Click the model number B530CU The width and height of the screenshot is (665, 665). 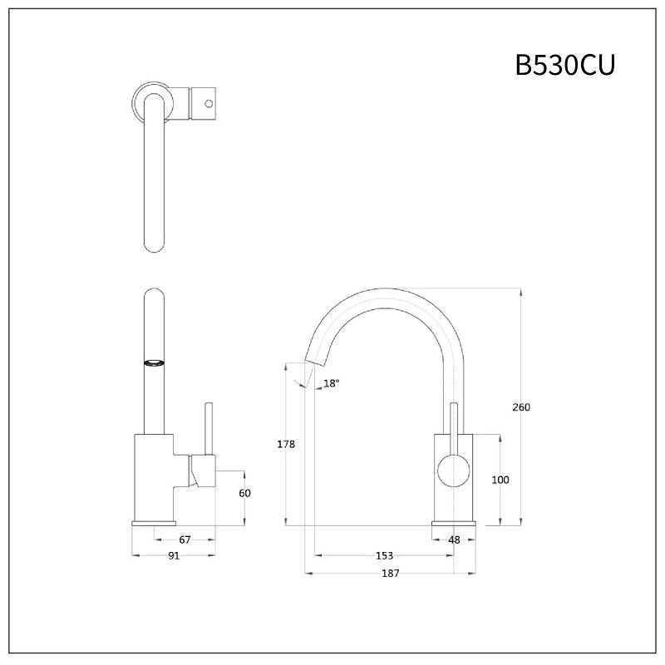click(x=564, y=65)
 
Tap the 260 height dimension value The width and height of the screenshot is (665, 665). click(x=521, y=407)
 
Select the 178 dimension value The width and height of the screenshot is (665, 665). click(x=286, y=445)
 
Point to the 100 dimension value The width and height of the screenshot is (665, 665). click(x=500, y=480)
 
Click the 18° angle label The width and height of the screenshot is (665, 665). click(x=332, y=383)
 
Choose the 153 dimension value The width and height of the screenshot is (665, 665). click(x=384, y=555)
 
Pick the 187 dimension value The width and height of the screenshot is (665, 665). click(x=391, y=573)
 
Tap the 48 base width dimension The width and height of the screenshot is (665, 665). click(x=454, y=539)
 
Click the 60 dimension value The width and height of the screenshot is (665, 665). click(x=244, y=493)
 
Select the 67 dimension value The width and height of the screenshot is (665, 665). click(x=185, y=539)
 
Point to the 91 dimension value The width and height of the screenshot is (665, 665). click(x=174, y=556)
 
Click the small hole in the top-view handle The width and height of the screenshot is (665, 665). click(x=209, y=105)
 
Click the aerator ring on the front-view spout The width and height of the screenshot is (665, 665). click(x=155, y=362)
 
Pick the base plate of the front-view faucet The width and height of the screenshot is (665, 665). click(x=154, y=522)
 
